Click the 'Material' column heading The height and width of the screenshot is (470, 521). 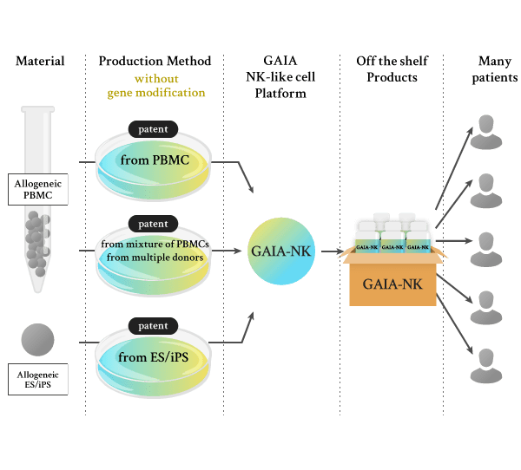tap(40, 62)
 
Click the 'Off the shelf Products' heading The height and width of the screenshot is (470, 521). tap(392, 69)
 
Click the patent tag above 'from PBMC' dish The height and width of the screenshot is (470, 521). tap(153, 128)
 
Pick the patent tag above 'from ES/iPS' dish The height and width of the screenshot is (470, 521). tap(153, 326)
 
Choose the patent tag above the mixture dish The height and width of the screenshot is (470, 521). tap(153, 224)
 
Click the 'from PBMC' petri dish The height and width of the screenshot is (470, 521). tap(153, 161)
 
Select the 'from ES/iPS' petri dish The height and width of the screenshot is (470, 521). tap(153, 357)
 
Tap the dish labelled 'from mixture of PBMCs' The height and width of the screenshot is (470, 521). tap(153, 252)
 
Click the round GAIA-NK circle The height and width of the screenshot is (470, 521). tap(280, 251)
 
